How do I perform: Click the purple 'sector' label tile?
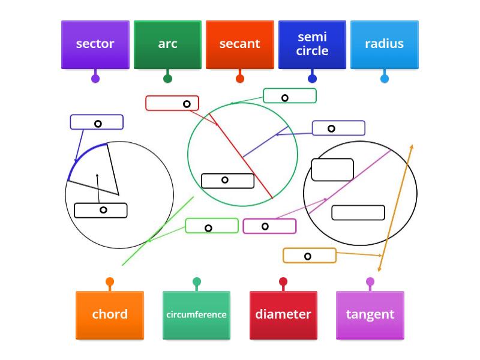95,44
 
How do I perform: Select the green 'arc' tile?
167,44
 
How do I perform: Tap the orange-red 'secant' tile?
240,44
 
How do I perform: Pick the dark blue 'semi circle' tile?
312,44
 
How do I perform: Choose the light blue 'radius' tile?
384,44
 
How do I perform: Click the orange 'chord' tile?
110,315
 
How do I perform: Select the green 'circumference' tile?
196,315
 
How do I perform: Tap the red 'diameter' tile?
283,315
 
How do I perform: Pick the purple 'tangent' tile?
370,315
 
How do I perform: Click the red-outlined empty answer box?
172,103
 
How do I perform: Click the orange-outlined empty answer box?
310,256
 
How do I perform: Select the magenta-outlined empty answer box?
269,226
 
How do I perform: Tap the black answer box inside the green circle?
227,181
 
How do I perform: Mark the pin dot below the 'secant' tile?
240,79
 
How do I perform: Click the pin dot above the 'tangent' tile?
370,281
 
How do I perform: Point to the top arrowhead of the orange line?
412,146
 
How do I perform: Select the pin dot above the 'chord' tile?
110,281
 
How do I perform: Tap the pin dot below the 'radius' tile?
385,79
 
